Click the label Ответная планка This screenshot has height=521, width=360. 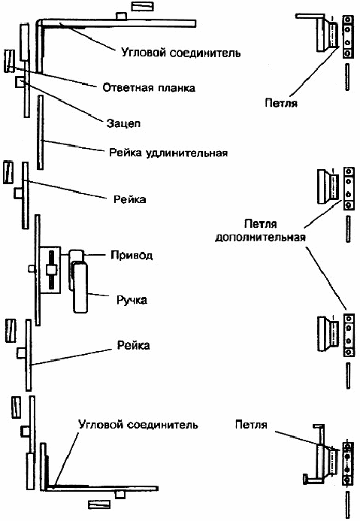(x=149, y=88)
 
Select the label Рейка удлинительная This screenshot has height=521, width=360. (x=168, y=153)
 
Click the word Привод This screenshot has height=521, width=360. (x=132, y=255)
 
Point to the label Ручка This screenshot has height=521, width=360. (x=132, y=300)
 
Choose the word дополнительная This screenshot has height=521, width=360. (x=260, y=238)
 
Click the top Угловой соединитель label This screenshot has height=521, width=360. (x=180, y=53)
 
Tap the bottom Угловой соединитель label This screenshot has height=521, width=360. (x=138, y=425)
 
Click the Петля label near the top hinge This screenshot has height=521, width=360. (x=281, y=103)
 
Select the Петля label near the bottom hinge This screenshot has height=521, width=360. (x=251, y=425)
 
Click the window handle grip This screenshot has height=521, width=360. (x=80, y=287)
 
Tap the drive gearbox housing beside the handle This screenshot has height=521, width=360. (x=50, y=270)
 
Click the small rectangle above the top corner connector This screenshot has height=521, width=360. (x=143, y=6)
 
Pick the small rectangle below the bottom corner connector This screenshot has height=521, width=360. (x=99, y=504)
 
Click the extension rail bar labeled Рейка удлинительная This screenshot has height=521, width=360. (x=40, y=132)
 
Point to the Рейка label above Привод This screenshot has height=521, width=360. (x=129, y=199)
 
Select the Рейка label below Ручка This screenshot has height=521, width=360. (x=134, y=345)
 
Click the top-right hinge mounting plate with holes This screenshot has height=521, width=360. (x=348, y=37)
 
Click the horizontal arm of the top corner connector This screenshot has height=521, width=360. (x=118, y=23)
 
